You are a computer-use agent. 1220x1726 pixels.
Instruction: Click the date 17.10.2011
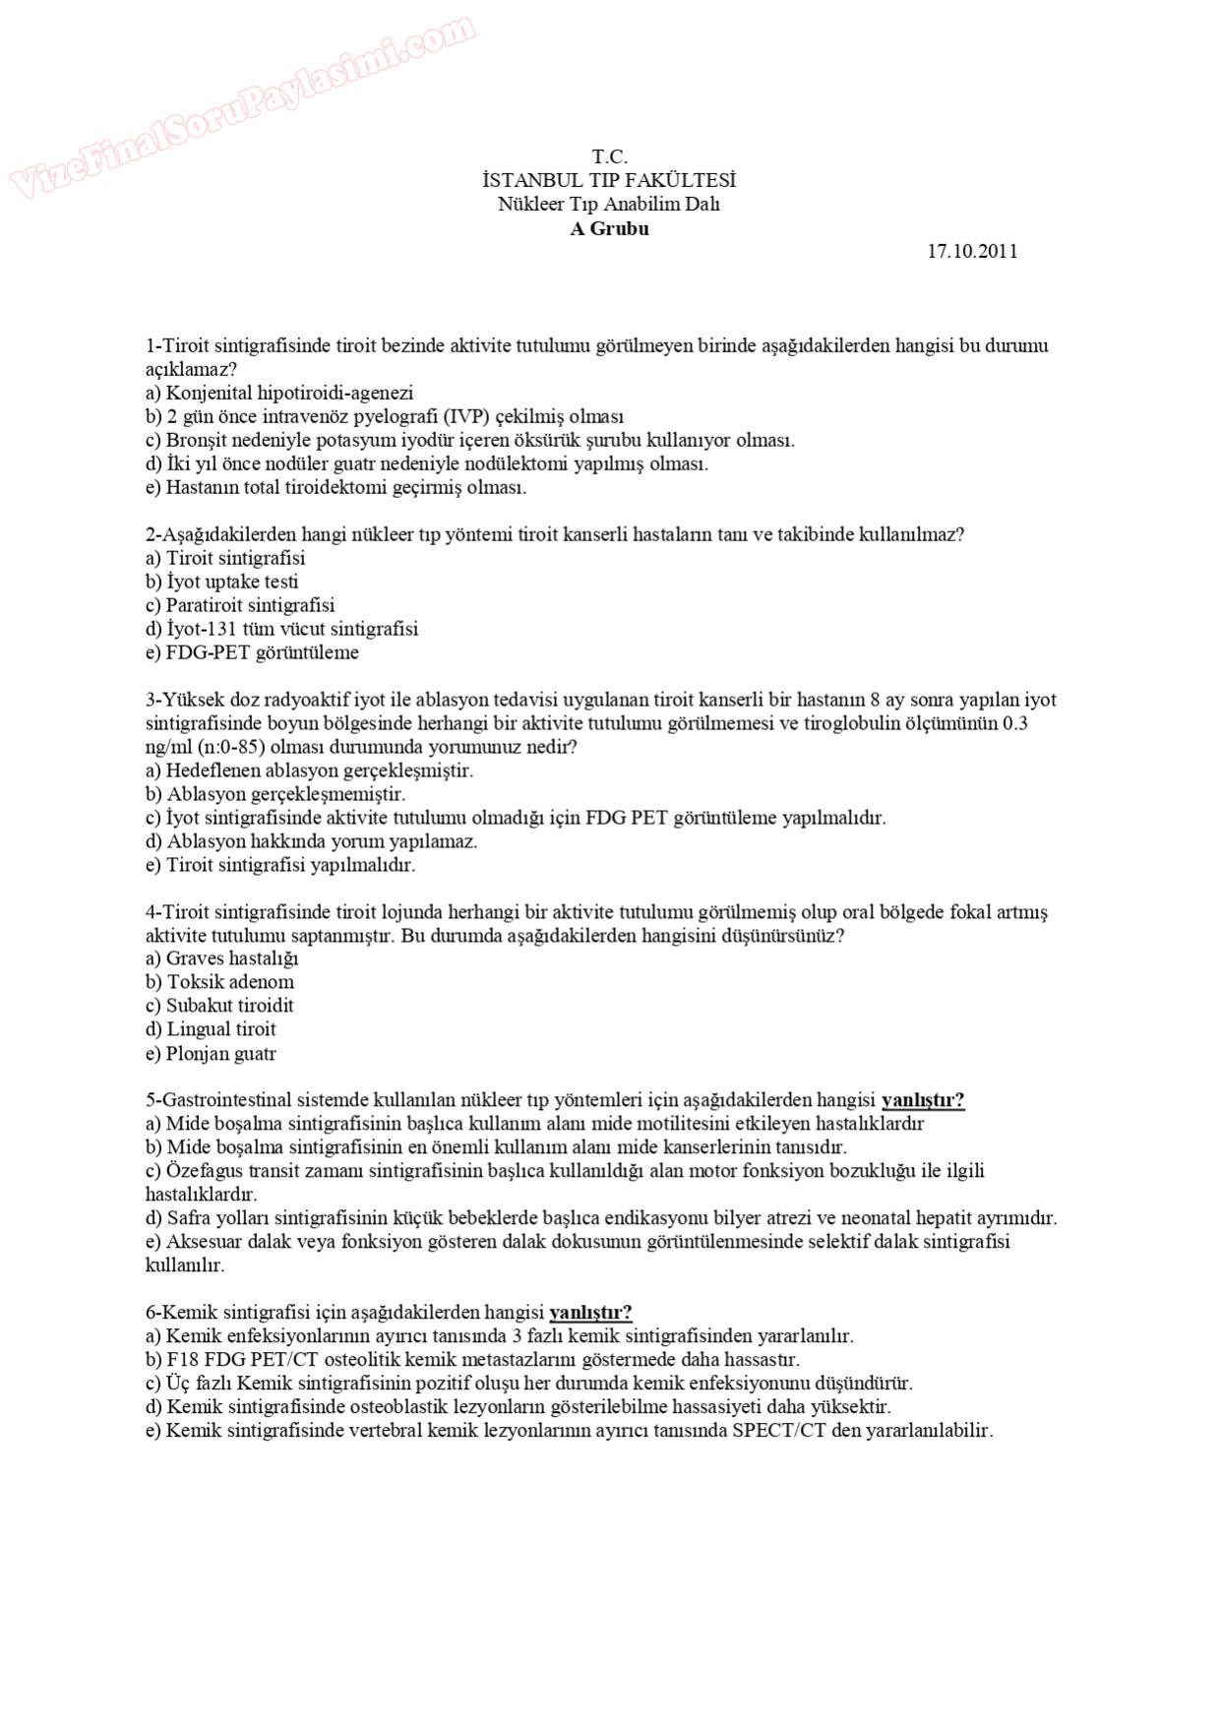[x=971, y=252]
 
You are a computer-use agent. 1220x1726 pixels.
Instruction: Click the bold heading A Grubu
[x=609, y=229]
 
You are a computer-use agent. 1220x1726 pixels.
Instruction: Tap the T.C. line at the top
[x=609, y=157]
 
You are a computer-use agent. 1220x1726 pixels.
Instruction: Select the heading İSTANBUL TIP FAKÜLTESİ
[x=609, y=181]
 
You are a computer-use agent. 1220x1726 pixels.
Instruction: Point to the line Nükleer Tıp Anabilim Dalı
[x=609, y=205]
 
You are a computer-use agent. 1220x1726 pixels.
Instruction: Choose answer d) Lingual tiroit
[x=211, y=1029]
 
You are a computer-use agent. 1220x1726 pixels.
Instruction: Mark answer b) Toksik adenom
[x=219, y=982]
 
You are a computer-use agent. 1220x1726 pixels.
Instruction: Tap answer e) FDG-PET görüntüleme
[x=252, y=652]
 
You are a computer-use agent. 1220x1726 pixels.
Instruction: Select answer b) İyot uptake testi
[x=221, y=582]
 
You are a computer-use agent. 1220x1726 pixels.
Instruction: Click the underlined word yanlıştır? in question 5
[x=922, y=1100]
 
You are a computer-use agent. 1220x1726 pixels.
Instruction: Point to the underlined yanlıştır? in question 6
[x=590, y=1313]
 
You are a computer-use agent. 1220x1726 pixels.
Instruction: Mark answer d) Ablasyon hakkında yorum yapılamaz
[x=311, y=841]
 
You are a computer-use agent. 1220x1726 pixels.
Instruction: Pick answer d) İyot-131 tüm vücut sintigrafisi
[x=281, y=629]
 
